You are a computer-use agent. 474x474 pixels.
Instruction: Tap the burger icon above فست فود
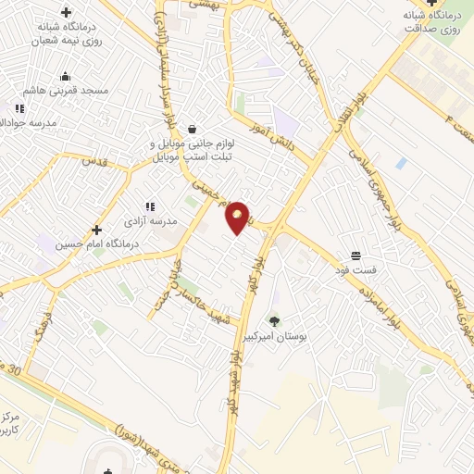(355, 256)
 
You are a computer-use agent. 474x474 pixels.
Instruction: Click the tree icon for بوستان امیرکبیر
(274, 321)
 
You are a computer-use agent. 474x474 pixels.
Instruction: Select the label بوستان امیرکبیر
(275, 337)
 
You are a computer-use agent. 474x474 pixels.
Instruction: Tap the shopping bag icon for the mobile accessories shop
(191, 129)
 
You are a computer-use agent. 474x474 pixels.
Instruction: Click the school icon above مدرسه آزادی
(149, 207)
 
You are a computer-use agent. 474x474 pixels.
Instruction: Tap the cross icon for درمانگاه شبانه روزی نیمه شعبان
(65, 12)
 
